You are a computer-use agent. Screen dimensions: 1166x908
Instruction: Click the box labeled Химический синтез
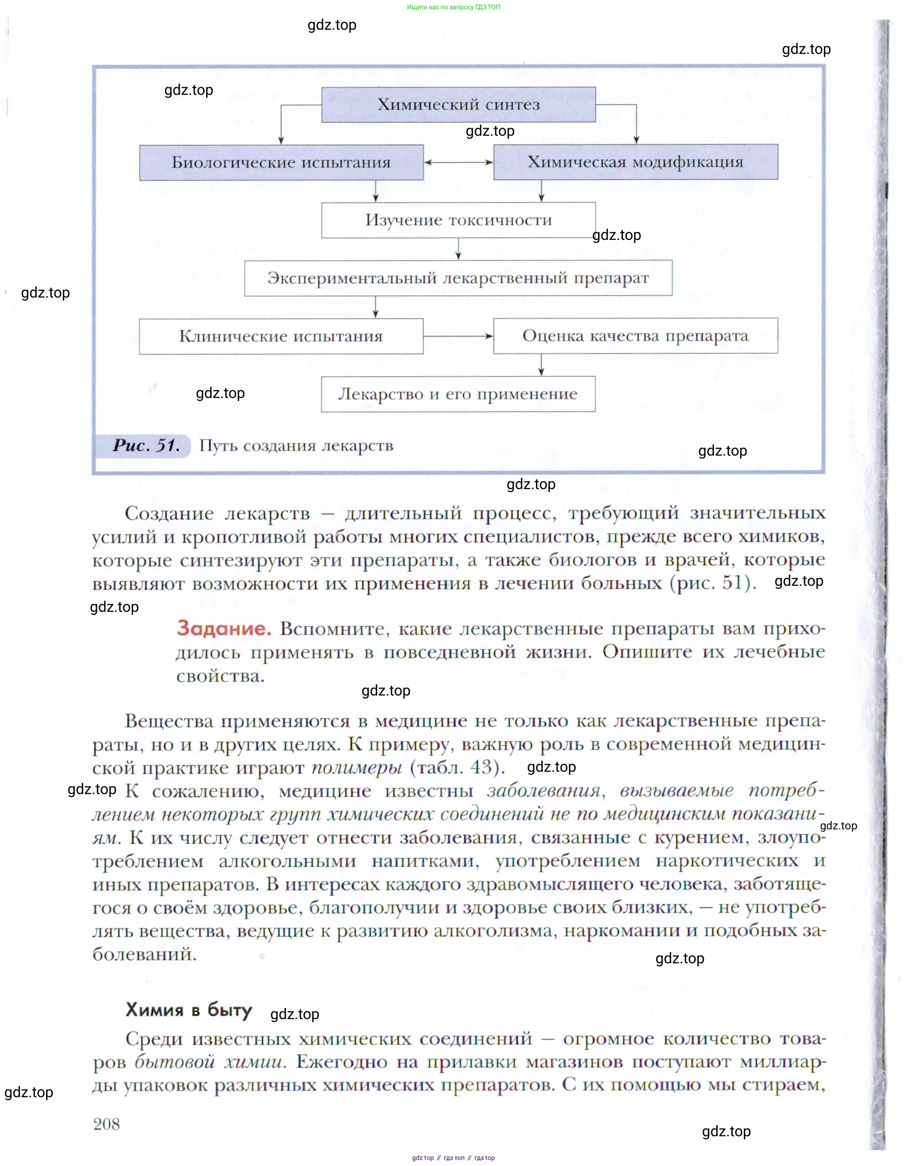[x=458, y=105]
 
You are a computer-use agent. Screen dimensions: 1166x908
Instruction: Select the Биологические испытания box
[x=281, y=162]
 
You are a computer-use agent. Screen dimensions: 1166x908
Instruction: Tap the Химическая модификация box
[x=635, y=162]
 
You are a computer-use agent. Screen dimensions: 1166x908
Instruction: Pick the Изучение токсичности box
[x=458, y=220]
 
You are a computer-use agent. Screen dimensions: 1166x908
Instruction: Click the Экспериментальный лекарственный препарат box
[x=458, y=278]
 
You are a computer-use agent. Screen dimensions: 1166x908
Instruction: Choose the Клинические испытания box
[x=281, y=336]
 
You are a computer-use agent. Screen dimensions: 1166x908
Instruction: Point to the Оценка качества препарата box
[x=635, y=336]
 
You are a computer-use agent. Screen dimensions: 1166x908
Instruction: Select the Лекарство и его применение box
[x=458, y=394]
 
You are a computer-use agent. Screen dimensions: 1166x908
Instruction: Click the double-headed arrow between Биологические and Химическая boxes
[x=458, y=162]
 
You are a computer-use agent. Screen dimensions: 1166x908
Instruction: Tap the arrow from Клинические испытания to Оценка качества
[x=458, y=336]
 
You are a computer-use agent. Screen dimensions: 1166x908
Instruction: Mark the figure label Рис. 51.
[x=146, y=446]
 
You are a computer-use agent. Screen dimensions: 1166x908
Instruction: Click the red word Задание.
[x=224, y=629]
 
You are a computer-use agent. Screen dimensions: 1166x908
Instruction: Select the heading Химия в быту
[x=188, y=1010]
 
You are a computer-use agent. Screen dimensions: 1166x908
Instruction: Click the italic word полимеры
[x=357, y=767]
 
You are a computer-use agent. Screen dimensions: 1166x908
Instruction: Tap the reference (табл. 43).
[x=457, y=767]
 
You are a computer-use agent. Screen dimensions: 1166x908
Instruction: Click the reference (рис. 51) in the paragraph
[x=713, y=583]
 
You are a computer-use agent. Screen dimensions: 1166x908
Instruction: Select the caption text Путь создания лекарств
[x=296, y=446]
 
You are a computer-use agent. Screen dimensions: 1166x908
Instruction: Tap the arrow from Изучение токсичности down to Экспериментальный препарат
[x=458, y=249]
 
